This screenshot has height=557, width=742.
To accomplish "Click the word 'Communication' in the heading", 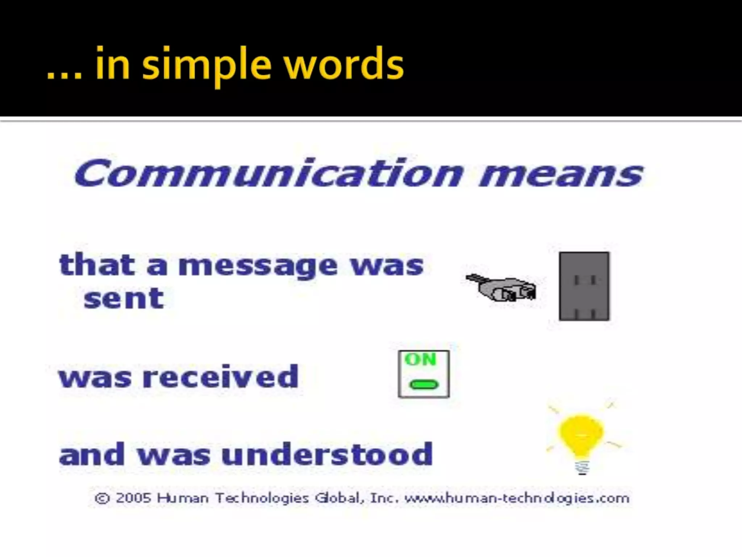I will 268,173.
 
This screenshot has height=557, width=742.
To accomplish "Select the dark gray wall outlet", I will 584,286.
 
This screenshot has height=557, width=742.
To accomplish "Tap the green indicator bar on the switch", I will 424,384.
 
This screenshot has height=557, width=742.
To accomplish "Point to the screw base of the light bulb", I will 582,467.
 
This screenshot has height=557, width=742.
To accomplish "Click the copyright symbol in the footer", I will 102,498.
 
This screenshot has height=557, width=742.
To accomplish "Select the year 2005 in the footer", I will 133,498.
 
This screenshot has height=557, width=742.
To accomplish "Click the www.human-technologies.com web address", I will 517,498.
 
